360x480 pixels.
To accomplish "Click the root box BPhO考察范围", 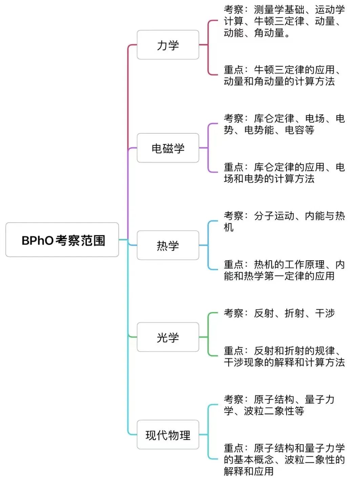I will coord(62,240).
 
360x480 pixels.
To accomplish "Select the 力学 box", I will coord(168,45).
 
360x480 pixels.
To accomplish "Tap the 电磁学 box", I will coord(168,148).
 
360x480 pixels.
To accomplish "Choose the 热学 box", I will coord(168,245).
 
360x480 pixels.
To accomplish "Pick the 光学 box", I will coord(168,337).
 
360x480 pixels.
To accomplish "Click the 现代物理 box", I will coord(168,435).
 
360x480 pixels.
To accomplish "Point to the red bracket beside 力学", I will coord(208,47).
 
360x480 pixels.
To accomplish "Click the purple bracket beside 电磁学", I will coord(208,148).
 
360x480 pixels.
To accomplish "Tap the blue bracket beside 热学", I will coord(208,245).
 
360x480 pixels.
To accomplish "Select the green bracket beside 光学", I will coord(208,335).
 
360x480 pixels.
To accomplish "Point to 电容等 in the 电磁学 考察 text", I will coord(299,130).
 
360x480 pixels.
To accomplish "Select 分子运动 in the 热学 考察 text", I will coord(274,216).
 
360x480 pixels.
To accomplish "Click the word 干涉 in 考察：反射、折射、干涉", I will coord(325,313).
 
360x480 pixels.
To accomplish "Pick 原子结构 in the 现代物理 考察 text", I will coord(274,399).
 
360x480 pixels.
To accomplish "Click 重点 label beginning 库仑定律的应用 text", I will coord(234,167).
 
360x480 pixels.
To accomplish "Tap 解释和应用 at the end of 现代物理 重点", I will coord(249,471).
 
